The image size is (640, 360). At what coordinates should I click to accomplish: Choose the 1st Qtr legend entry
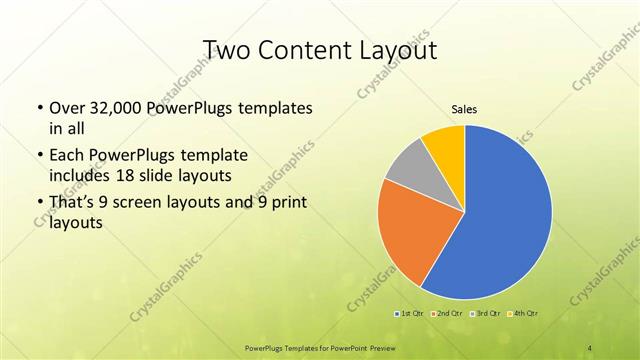pos(410,314)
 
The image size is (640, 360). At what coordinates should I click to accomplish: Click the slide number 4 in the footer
pos(590,347)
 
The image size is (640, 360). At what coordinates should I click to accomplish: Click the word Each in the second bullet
pos(67,157)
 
